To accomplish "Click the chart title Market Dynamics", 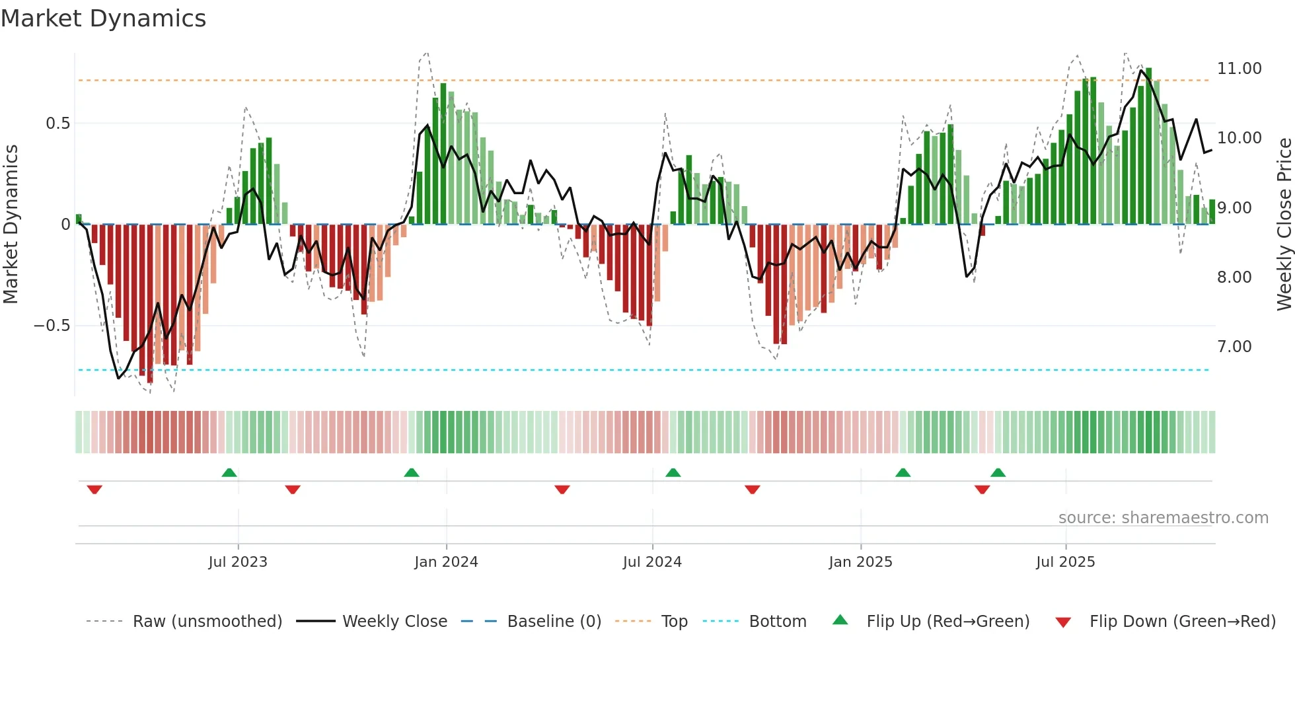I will pos(103,18).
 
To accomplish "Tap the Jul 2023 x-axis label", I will pos(238,562).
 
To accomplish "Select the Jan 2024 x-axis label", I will pos(446,562).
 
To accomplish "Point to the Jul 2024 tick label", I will pos(652,562).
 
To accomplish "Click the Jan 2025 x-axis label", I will pos(860,562).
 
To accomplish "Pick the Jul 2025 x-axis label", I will pos(1065,562).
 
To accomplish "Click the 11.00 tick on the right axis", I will pos(1239,69).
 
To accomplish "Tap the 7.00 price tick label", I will pos(1234,347).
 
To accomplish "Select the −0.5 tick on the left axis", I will pos(52,326).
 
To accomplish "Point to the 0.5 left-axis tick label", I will pos(57,124).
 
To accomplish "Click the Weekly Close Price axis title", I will pos(1284,225).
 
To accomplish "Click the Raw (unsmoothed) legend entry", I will pos(207,622).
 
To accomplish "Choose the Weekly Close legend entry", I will pos(394,622).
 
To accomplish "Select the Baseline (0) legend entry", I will pos(554,622).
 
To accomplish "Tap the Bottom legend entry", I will pos(777,622).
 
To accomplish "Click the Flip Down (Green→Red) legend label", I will pos(1182,622).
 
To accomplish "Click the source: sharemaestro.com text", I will pos(1163,518).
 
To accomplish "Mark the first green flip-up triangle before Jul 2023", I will pos(229,472).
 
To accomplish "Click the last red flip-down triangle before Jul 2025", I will pos(982,490).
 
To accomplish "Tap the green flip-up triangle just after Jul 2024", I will pos(673,472).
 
